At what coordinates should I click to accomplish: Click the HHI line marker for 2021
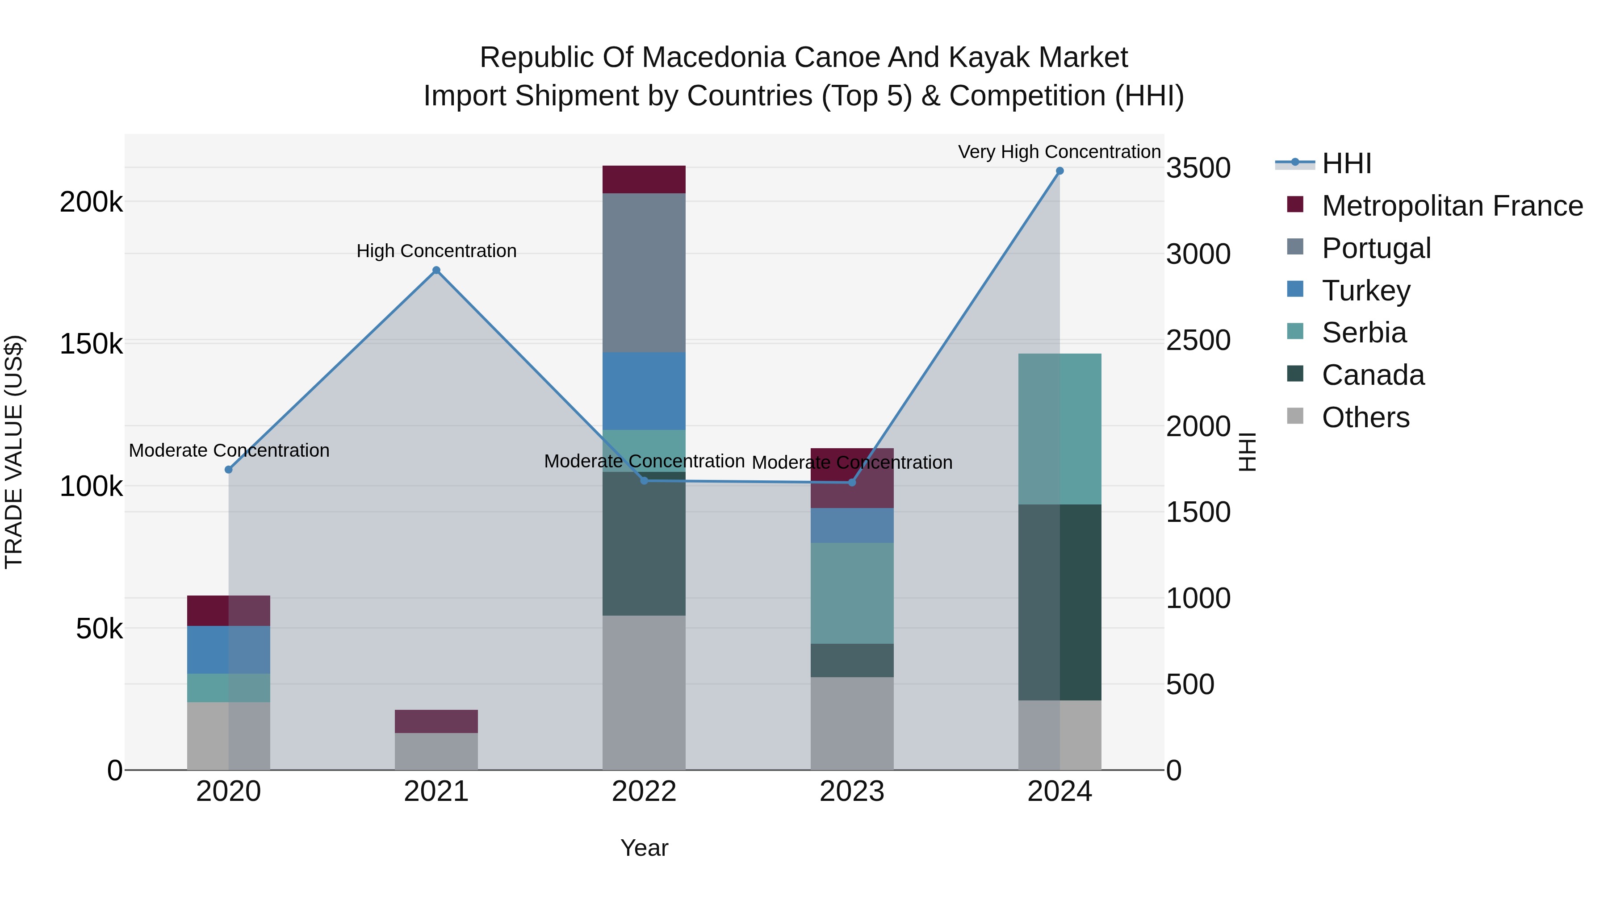(436, 270)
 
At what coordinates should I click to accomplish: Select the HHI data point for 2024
(1059, 171)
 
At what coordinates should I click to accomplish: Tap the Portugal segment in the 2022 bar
(644, 273)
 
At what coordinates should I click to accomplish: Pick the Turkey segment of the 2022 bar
(644, 391)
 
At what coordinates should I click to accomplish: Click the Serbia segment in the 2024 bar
(1059, 429)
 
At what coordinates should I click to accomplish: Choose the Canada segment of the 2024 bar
(1059, 602)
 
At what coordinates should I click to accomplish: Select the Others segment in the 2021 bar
(436, 751)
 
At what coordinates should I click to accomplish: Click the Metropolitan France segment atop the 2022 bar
(644, 179)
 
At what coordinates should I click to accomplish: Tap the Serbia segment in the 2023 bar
(851, 593)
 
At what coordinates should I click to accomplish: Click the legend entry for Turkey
(1366, 291)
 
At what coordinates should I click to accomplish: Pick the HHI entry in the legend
(1346, 163)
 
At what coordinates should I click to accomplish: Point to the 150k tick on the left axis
(91, 344)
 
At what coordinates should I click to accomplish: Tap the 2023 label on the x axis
(851, 792)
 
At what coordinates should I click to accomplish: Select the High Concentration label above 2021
(436, 251)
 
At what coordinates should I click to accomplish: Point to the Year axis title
(644, 848)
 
